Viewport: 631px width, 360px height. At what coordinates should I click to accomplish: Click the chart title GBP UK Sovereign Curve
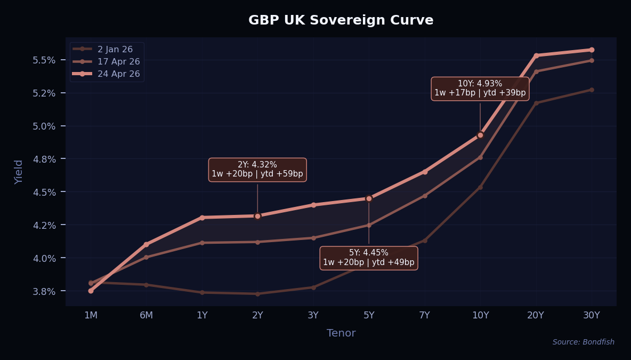pyautogui.click(x=341, y=20)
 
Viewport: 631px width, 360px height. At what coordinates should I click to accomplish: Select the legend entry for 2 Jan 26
pyautogui.click(x=115, y=49)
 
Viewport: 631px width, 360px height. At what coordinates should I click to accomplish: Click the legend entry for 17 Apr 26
pyautogui.click(x=118, y=61)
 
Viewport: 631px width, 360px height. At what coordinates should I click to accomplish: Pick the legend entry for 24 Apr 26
pyautogui.click(x=118, y=74)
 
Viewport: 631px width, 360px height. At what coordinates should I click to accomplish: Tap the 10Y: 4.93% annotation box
pyautogui.click(x=480, y=88)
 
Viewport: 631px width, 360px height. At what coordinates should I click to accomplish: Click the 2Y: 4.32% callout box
pyautogui.click(x=257, y=169)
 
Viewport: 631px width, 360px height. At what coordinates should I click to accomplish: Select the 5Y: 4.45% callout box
pyautogui.click(x=368, y=258)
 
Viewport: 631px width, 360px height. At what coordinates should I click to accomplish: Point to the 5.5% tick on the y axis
pyautogui.click(x=44, y=60)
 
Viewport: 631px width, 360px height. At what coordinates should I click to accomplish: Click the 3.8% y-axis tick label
pyautogui.click(x=44, y=291)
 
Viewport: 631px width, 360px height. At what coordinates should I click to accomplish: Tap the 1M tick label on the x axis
pyautogui.click(x=91, y=315)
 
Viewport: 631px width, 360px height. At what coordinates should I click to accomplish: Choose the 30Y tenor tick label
pyautogui.click(x=591, y=315)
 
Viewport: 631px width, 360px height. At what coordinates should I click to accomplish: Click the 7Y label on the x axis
pyautogui.click(x=424, y=315)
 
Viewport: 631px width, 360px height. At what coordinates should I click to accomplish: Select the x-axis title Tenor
pyautogui.click(x=341, y=333)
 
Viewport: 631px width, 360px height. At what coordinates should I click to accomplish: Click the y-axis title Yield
pyautogui.click(x=19, y=172)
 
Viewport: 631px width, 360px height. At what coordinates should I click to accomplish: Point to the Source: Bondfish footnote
pyautogui.click(x=583, y=342)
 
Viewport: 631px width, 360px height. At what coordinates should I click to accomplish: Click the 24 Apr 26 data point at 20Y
pyautogui.click(x=536, y=55)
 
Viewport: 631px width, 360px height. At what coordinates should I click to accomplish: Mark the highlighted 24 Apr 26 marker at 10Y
pyautogui.click(x=480, y=135)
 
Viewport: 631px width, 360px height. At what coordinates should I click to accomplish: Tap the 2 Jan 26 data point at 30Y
pyautogui.click(x=592, y=90)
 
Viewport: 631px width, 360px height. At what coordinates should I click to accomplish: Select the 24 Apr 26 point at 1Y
pyautogui.click(x=202, y=218)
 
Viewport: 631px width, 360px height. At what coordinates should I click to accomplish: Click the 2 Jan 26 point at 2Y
pyautogui.click(x=257, y=294)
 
